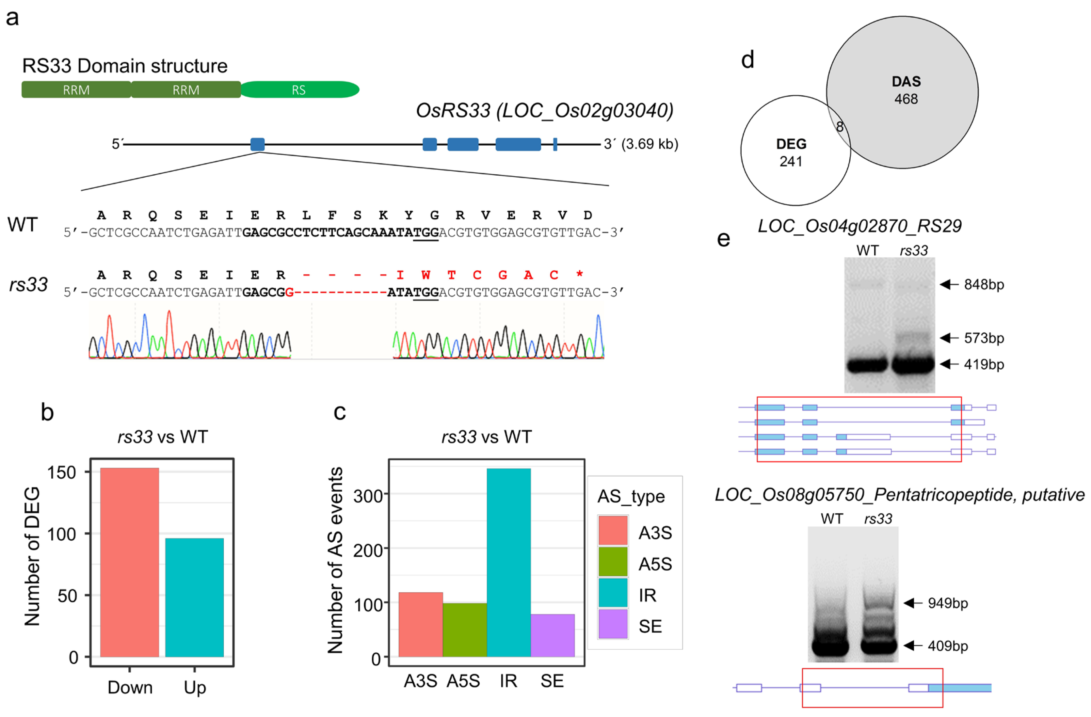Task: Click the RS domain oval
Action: [x=299, y=89]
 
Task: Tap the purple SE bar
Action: [x=553, y=635]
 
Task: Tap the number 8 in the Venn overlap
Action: [x=839, y=127]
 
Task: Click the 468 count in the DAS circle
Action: [x=906, y=99]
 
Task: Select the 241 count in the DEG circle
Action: [x=791, y=161]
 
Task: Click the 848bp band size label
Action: [x=984, y=284]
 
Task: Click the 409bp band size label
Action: [x=948, y=646]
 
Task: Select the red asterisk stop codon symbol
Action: [x=579, y=275]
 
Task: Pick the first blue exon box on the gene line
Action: [x=257, y=144]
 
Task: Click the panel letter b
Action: [x=47, y=412]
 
